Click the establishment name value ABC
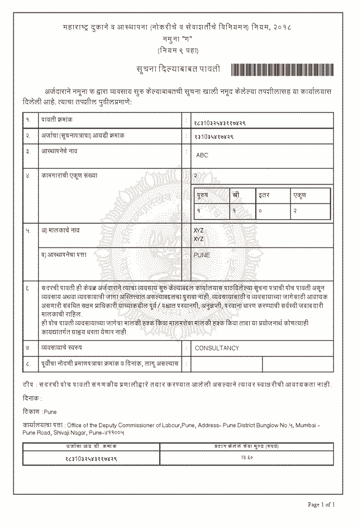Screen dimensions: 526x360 tap(202, 155)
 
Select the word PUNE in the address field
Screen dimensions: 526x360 tap(203, 255)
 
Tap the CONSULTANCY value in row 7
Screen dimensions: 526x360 tap(217, 348)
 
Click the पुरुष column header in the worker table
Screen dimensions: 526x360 tap(202, 195)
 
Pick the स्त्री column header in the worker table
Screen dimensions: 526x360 tap(236, 195)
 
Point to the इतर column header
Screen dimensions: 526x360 tap(264, 195)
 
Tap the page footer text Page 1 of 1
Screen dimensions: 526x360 tap(321, 505)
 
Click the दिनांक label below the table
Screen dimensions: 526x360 tap(32, 398)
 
